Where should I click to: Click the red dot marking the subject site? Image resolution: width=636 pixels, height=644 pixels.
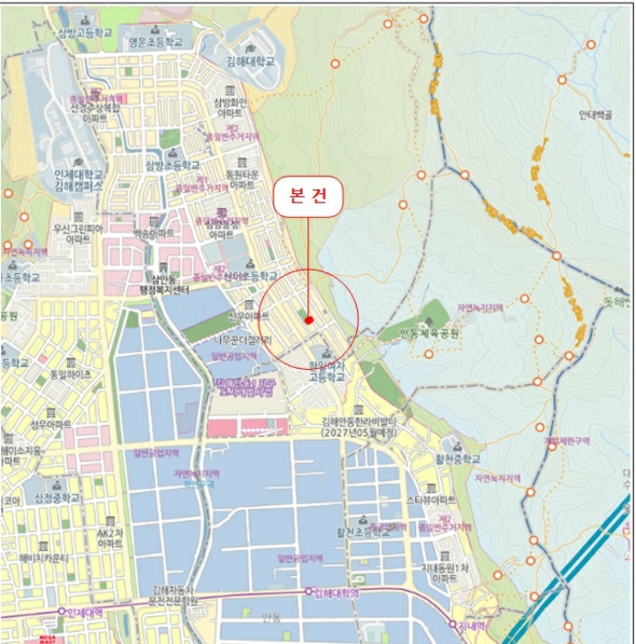click(309, 320)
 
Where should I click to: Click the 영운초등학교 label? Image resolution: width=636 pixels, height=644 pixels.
click(156, 42)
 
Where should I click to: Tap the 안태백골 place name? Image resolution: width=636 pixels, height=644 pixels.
click(596, 116)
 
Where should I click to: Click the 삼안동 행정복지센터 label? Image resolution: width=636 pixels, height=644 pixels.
click(161, 283)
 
